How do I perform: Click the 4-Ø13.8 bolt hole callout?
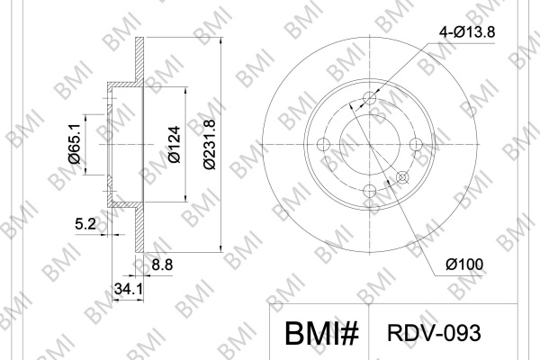pyautogui.click(x=467, y=32)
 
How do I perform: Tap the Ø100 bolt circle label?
pyautogui.click(x=464, y=265)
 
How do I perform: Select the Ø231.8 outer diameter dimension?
pyautogui.click(x=209, y=144)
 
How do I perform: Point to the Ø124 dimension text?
pyautogui.click(x=175, y=144)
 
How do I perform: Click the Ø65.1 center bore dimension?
pyautogui.click(x=75, y=144)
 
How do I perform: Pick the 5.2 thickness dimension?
pyautogui.click(x=85, y=224)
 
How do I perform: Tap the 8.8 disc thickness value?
pyautogui.click(x=162, y=265)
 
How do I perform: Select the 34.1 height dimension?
pyautogui.click(x=128, y=289)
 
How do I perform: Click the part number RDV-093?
pyautogui.click(x=434, y=333)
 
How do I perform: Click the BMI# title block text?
pyautogui.click(x=321, y=334)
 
